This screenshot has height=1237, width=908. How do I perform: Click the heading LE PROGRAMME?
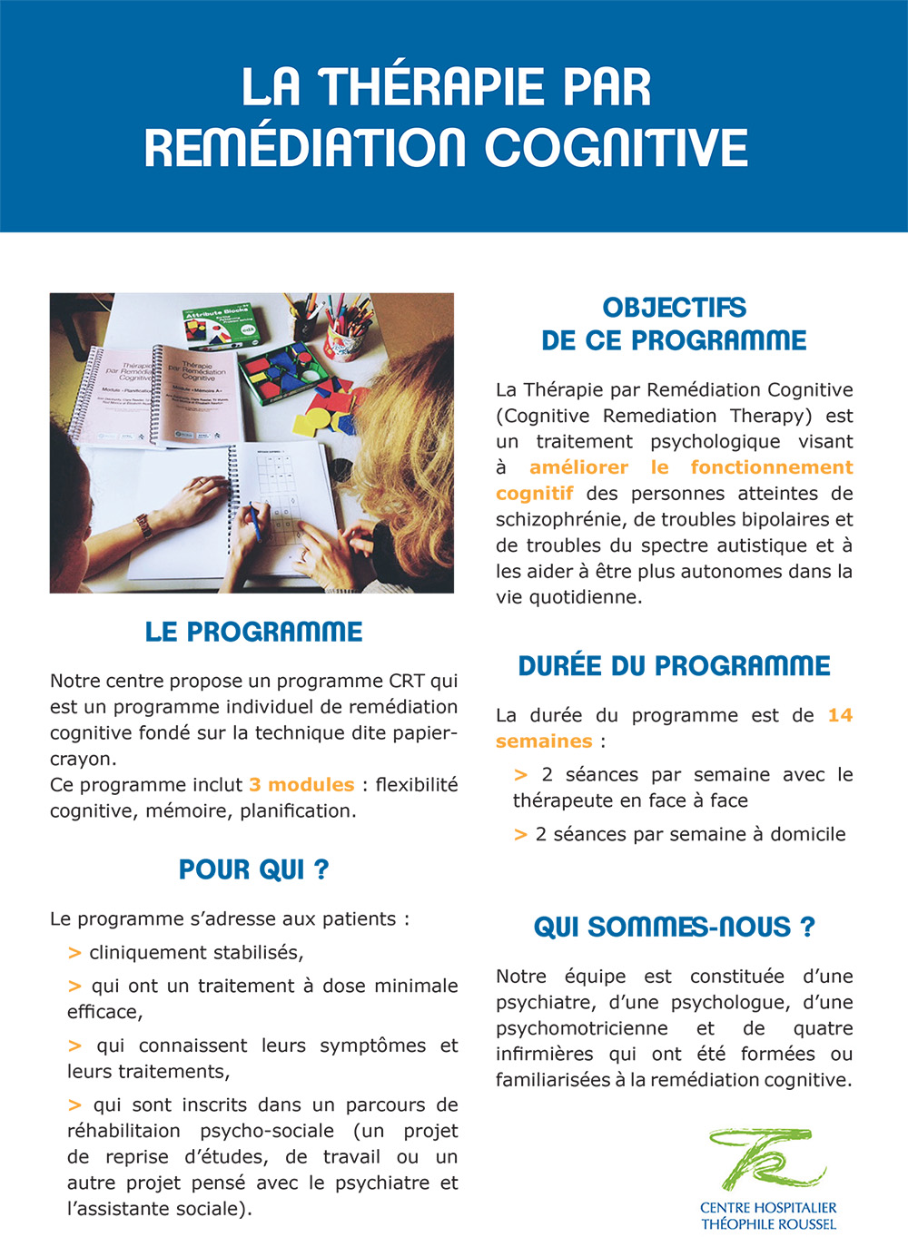(x=253, y=632)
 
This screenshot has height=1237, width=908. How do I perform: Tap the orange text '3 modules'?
(x=301, y=784)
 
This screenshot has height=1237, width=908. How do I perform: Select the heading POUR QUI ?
(x=253, y=869)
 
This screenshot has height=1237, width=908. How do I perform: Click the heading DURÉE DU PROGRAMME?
(x=674, y=665)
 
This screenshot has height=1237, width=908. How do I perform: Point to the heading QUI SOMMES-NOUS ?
(x=674, y=927)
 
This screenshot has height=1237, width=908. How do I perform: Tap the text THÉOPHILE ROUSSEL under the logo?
(x=768, y=1223)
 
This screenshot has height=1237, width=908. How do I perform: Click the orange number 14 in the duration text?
(x=840, y=715)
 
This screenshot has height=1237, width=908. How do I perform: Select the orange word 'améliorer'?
(x=578, y=467)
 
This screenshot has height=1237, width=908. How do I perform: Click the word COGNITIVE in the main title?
(x=617, y=148)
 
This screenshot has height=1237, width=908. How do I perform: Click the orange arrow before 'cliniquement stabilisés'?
(x=74, y=953)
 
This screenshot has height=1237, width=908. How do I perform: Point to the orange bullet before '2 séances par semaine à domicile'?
(x=520, y=835)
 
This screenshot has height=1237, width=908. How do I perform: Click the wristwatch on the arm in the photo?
(x=143, y=525)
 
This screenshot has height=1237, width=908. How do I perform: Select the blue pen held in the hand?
(x=255, y=523)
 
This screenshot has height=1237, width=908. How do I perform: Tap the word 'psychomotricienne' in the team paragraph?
(x=581, y=1028)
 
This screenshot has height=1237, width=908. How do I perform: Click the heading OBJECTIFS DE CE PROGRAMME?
(x=674, y=324)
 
